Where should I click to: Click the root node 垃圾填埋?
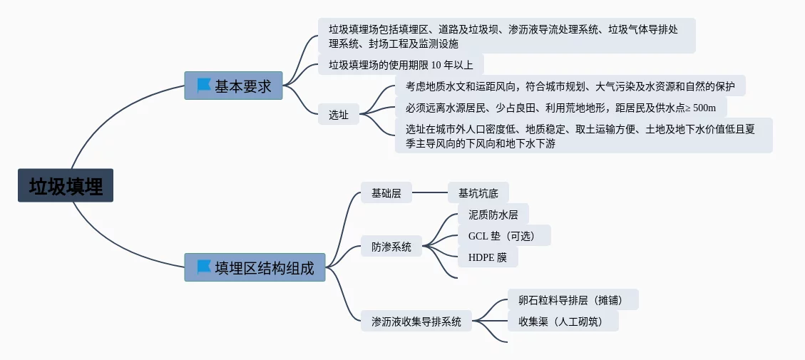(66, 185)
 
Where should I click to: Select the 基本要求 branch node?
(242, 86)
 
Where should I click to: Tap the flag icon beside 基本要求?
(204, 86)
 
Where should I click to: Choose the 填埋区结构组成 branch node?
(264, 268)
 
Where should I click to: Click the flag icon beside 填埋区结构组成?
(204, 267)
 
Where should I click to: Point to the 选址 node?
(339, 114)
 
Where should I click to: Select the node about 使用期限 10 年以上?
(401, 65)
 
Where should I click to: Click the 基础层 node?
(386, 192)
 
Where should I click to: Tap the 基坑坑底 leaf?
(478, 192)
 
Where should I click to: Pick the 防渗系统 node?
(391, 247)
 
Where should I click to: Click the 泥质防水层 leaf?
(493, 214)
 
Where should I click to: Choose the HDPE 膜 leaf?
(488, 257)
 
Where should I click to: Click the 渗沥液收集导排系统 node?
(416, 321)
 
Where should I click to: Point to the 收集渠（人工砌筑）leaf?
(563, 321)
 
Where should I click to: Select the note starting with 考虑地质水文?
(570, 86)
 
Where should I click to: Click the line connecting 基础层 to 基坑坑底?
(430, 192)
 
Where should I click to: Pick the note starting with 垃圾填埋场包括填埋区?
(506, 36)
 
